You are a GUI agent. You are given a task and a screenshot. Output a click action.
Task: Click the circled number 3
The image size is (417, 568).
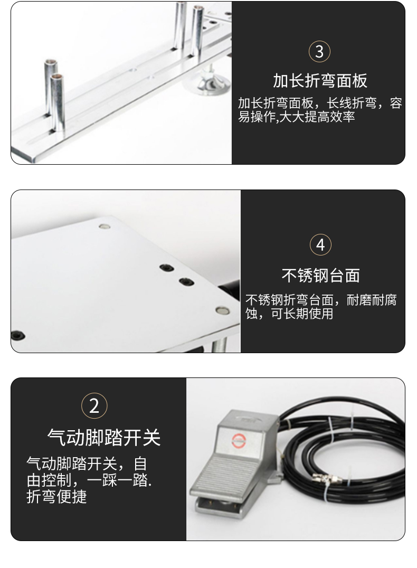(x=319, y=51)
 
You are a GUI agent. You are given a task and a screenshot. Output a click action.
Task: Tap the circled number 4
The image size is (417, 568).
(x=320, y=245)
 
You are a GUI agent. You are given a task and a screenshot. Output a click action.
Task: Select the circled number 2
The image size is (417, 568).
(x=94, y=406)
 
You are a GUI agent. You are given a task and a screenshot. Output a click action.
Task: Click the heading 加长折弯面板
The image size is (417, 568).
(x=320, y=81)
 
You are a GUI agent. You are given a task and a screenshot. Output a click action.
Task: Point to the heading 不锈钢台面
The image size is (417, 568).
(x=320, y=276)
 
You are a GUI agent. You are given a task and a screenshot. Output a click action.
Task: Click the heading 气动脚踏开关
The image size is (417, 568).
(x=103, y=437)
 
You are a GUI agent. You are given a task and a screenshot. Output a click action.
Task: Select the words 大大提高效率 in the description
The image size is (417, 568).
(x=317, y=117)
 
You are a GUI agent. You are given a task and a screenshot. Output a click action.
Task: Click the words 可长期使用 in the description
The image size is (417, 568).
(x=302, y=314)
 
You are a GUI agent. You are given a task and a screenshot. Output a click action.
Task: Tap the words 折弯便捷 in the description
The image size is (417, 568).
(x=56, y=497)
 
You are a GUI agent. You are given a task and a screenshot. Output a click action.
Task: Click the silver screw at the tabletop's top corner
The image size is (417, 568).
(x=105, y=227)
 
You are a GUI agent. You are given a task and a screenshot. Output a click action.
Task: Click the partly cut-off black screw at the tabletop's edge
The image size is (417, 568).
(x=17, y=335)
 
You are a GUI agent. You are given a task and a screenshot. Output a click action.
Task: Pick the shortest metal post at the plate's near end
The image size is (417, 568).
(x=58, y=102)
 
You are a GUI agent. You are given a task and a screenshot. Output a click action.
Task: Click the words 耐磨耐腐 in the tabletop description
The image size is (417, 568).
(x=372, y=300)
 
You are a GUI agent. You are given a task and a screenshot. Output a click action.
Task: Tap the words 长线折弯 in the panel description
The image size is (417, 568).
(x=352, y=103)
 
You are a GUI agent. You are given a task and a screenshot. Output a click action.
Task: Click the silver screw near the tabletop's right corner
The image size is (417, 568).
(x=222, y=310)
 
